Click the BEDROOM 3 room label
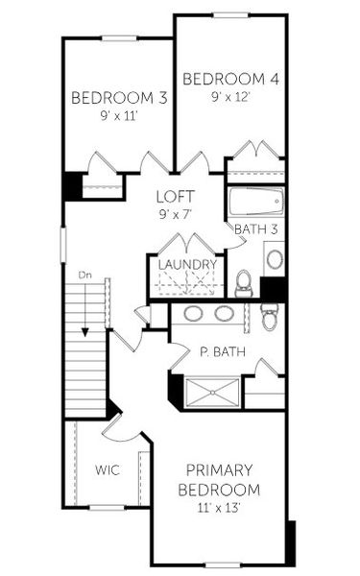113,98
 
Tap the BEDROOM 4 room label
230,79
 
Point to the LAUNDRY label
186,265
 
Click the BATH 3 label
255,228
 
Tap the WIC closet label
106,470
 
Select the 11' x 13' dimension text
219,507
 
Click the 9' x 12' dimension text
230,97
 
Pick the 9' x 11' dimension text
113,116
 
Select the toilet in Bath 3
243,282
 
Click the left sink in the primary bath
192,313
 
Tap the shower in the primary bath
211,392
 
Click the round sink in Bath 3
274,258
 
